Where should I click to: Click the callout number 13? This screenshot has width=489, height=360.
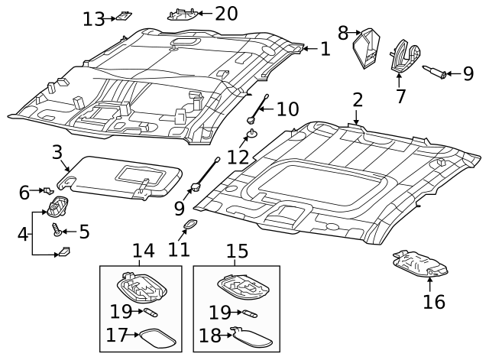pyautogui.click(x=93, y=18)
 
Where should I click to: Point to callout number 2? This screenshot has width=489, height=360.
pyautogui.click(x=357, y=100)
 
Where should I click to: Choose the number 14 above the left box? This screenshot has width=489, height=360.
pyautogui.click(x=143, y=251)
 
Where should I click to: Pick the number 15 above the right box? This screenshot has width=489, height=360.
pyautogui.click(x=237, y=251)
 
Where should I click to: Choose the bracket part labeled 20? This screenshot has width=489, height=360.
pyautogui.click(x=183, y=13)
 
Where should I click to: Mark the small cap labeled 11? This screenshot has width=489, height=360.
pyautogui.click(x=189, y=224)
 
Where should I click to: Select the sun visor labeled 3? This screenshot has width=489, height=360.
pyautogui.click(x=122, y=176)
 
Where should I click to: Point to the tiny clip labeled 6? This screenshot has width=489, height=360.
pyautogui.click(x=48, y=189)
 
